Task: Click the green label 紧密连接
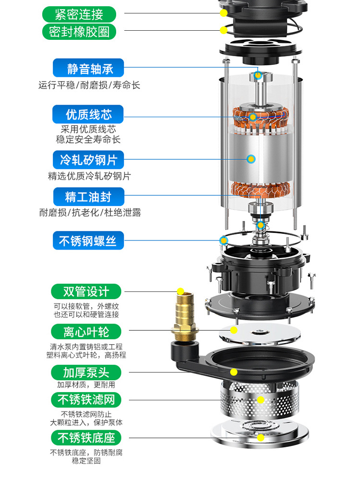point(79,14)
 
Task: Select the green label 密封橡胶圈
point(79,32)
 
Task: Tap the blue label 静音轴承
point(88,68)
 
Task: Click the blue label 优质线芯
point(88,114)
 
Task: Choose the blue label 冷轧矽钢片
point(88,160)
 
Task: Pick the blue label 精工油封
point(89,196)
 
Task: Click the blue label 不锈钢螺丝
point(88,240)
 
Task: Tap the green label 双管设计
point(86,291)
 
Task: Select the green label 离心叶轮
point(86,332)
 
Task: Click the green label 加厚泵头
point(86,372)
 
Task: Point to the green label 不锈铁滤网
point(86,400)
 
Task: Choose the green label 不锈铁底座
point(86,438)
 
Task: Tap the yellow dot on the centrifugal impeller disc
point(234,330)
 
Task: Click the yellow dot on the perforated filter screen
point(261,400)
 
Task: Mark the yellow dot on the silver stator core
point(252,159)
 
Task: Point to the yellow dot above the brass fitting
point(180,291)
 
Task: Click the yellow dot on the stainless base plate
point(261,438)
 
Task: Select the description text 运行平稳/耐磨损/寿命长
point(89,85)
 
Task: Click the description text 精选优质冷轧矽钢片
point(89,176)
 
